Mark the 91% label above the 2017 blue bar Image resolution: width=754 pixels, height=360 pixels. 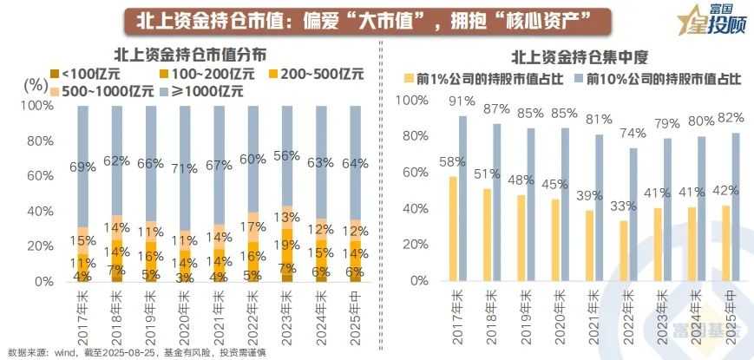[462, 101]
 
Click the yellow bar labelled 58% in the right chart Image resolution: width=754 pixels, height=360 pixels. [452, 229]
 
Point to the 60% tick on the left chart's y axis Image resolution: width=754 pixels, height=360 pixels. [41, 176]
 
